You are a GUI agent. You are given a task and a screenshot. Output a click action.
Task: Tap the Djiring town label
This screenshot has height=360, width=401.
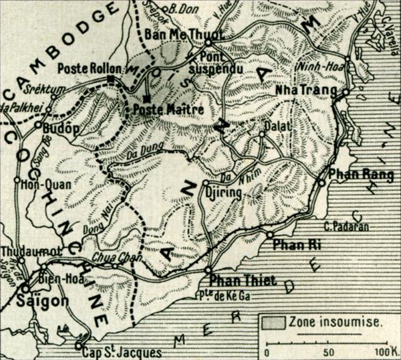pyautogui.click(x=224, y=193)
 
